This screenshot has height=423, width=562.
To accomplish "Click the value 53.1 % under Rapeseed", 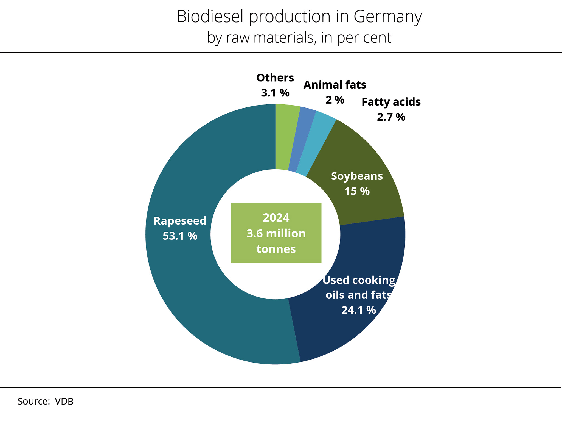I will [180, 236].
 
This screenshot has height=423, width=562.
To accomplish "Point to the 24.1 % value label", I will [358, 310].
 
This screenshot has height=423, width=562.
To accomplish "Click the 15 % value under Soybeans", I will [357, 191].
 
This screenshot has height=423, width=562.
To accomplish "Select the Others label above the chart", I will [275, 78].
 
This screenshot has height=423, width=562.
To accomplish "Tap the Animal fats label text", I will [335, 85].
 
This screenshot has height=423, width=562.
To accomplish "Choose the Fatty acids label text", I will [391, 102].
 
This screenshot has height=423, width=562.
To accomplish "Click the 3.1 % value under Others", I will [275, 93].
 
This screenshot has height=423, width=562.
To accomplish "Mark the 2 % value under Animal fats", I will [335, 100].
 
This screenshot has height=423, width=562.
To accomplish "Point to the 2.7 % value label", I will [391, 117].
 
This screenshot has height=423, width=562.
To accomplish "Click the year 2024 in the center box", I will [276, 218].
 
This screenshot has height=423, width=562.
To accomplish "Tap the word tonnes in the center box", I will [276, 249].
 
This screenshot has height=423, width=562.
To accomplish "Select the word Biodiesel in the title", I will [210, 16].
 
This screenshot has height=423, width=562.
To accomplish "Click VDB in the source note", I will [64, 402].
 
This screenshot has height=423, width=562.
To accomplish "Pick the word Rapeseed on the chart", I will [180, 221].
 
